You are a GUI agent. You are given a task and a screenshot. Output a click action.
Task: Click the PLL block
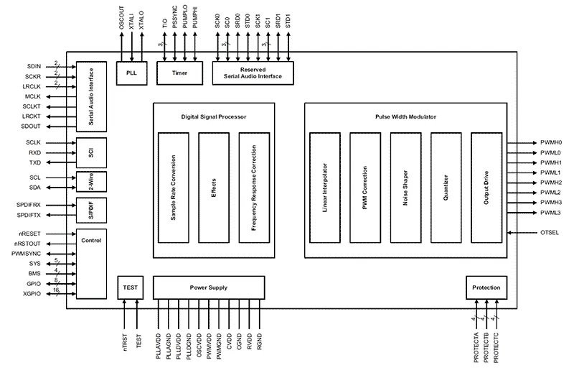coord(131,73)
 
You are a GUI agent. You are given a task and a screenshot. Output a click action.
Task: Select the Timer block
coord(179,73)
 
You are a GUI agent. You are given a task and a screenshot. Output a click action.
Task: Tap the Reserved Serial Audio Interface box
coord(253,73)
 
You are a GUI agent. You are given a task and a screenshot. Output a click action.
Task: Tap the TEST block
coord(131,287)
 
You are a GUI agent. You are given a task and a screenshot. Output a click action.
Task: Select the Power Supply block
coord(208,287)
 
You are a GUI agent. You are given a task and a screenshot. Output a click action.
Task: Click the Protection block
coord(486,287)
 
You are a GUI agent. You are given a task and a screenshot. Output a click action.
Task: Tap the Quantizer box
coord(446,187)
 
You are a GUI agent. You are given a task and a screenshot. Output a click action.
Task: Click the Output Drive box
coord(486,187)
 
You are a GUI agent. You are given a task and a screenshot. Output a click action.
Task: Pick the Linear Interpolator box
coord(324,187)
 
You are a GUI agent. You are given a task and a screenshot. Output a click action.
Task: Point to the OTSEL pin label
coord(550,233)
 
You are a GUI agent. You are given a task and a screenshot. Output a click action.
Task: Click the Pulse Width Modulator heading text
coord(405,116)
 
